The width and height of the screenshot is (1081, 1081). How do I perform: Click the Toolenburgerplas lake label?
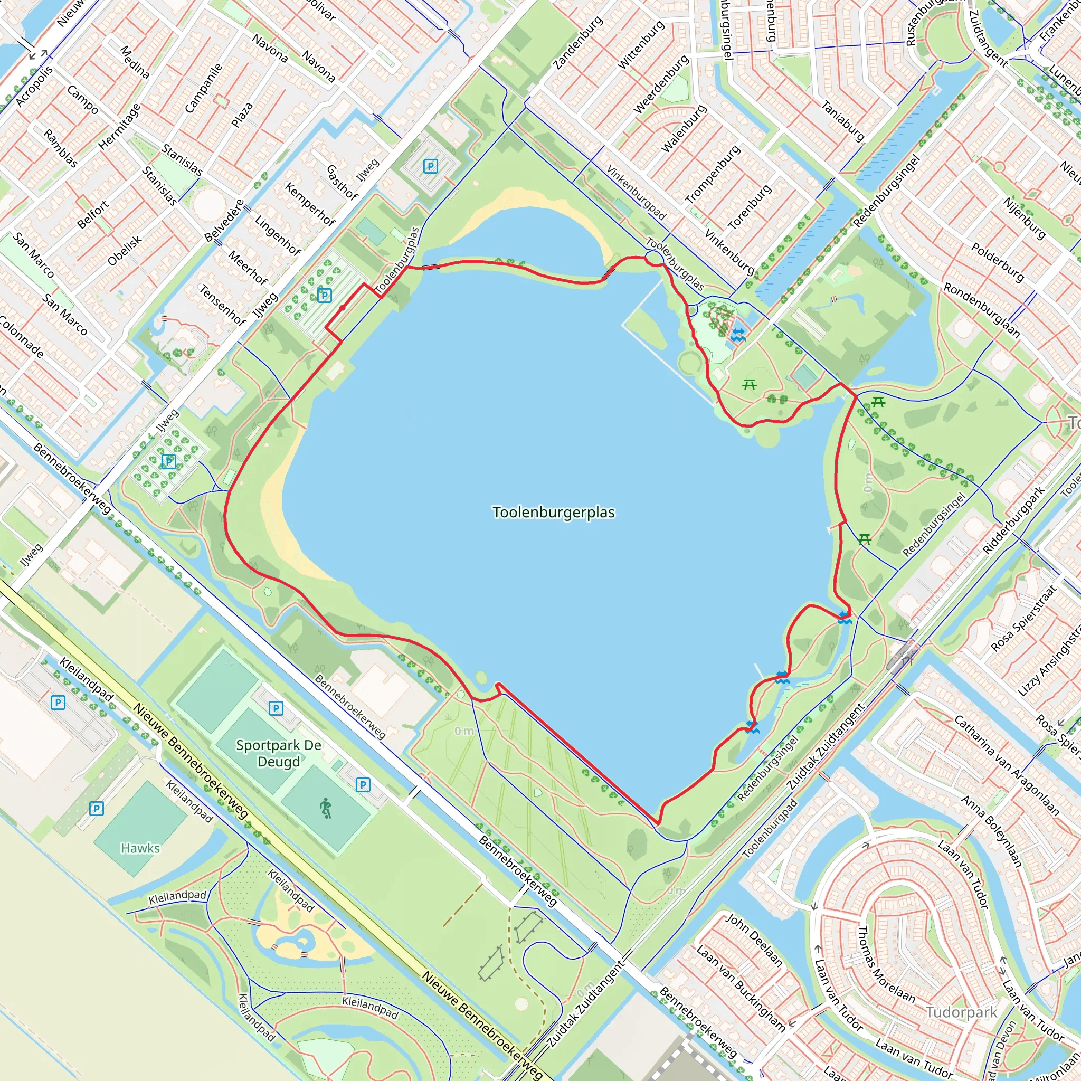tap(553, 513)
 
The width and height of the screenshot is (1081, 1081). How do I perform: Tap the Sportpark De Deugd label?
tap(279, 753)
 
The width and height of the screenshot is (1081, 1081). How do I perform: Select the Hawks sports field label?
tap(140, 848)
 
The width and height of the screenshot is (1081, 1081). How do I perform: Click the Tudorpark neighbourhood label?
tap(961, 1012)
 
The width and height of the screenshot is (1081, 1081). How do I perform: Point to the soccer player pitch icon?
tap(326, 809)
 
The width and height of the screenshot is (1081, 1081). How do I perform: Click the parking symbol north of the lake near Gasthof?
tap(430, 166)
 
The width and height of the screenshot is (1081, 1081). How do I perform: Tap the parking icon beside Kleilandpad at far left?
tap(58, 702)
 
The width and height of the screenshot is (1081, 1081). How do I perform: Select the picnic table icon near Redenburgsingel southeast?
tap(865, 539)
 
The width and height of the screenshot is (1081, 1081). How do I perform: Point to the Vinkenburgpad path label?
tap(636, 192)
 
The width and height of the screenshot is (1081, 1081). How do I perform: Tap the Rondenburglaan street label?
tap(981, 310)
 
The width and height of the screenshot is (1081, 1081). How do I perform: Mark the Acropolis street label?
tap(34, 86)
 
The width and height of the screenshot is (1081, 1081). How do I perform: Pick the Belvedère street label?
tap(224, 221)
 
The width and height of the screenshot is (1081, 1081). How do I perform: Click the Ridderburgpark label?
tap(1014, 520)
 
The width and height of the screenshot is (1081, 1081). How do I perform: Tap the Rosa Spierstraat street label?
tap(1023, 618)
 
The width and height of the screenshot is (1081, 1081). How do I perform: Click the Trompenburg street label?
tap(712, 174)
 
